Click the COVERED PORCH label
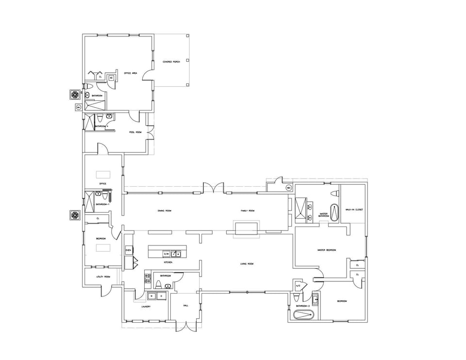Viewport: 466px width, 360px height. click(171, 62)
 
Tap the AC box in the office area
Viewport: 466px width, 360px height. click(111, 77)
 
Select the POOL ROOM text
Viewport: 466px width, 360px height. click(135, 132)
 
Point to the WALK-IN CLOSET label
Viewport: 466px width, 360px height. click(354, 210)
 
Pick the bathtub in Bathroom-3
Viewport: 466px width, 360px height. click(304, 315)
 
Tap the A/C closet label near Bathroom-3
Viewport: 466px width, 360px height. click(298, 286)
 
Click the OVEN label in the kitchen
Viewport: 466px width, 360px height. click(129, 250)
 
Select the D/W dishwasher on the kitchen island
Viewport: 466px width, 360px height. click(166, 253)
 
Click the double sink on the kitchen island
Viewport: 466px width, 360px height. click(176, 253)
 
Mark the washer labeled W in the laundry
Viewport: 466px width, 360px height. click(151, 295)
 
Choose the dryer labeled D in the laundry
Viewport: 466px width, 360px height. click(161, 295)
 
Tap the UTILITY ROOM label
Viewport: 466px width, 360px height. click(103, 277)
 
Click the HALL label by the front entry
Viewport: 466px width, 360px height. click(185, 306)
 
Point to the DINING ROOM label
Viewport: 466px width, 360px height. click(165, 211)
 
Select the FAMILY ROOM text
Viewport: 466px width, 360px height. click(248, 211)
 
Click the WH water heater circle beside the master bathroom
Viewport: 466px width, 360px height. click(288, 188)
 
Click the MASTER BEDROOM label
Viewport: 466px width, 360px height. click(327, 250)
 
